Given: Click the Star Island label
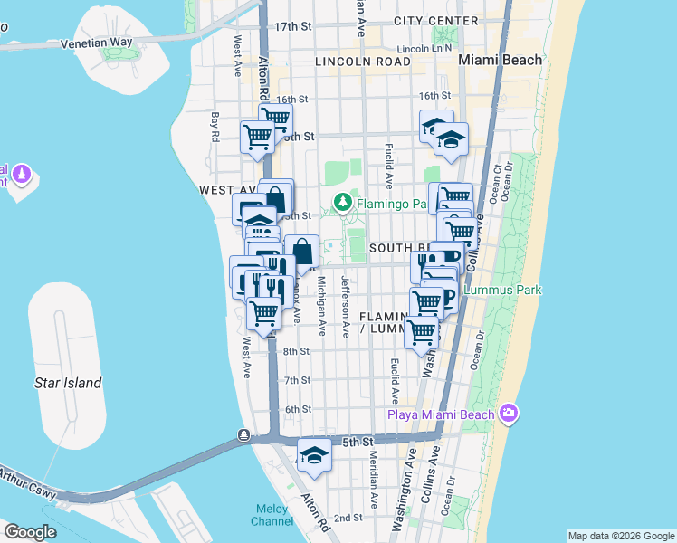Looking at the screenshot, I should (68, 383).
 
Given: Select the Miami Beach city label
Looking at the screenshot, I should (500, 60).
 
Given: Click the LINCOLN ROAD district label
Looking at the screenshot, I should (363, 61).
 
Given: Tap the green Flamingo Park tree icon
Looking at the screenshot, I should (343, 203).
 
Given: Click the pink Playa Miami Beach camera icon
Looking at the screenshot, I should (509, 414).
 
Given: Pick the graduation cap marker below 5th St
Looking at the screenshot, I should (314, 455).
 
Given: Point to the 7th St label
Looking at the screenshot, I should (297, 380).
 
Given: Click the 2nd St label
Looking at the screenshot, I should (348, 519).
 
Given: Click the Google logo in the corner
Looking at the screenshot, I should (30, 531).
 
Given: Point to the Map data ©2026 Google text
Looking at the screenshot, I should (620, 536).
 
